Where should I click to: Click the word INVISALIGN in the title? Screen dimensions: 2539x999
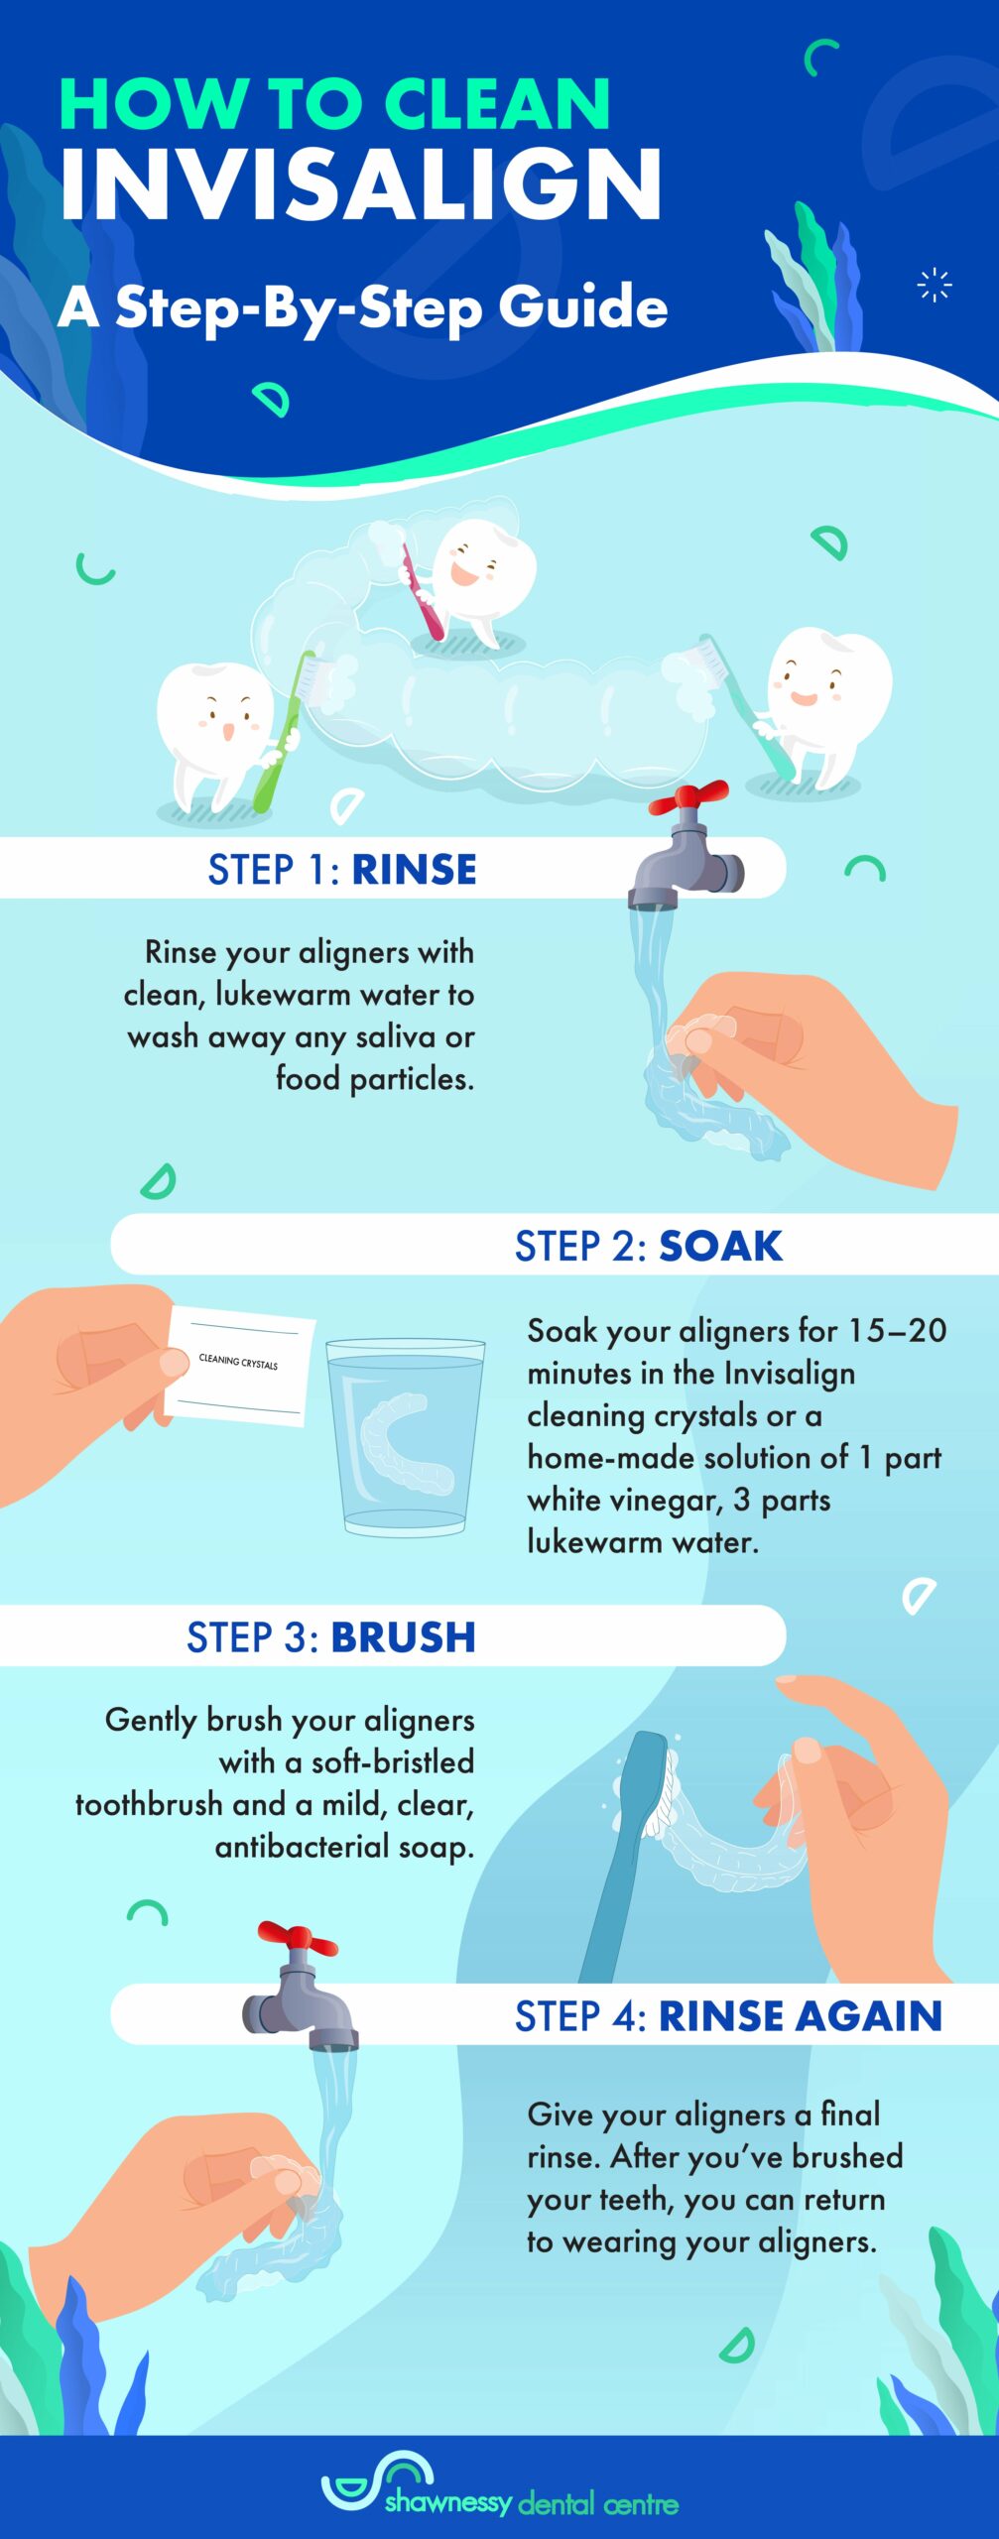[359, 186]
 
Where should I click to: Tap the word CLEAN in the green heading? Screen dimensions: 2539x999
[497, 104]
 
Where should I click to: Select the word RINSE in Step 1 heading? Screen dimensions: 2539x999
[414, 870]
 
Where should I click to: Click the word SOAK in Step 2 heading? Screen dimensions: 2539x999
[720, 1246]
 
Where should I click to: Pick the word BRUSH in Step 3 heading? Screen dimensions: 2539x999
[403, 1637]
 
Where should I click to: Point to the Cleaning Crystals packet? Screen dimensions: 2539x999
[239, 1366]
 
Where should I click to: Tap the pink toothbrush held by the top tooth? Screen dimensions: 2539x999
[421, 593]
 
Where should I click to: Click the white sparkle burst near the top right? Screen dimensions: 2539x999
[935, 285]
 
